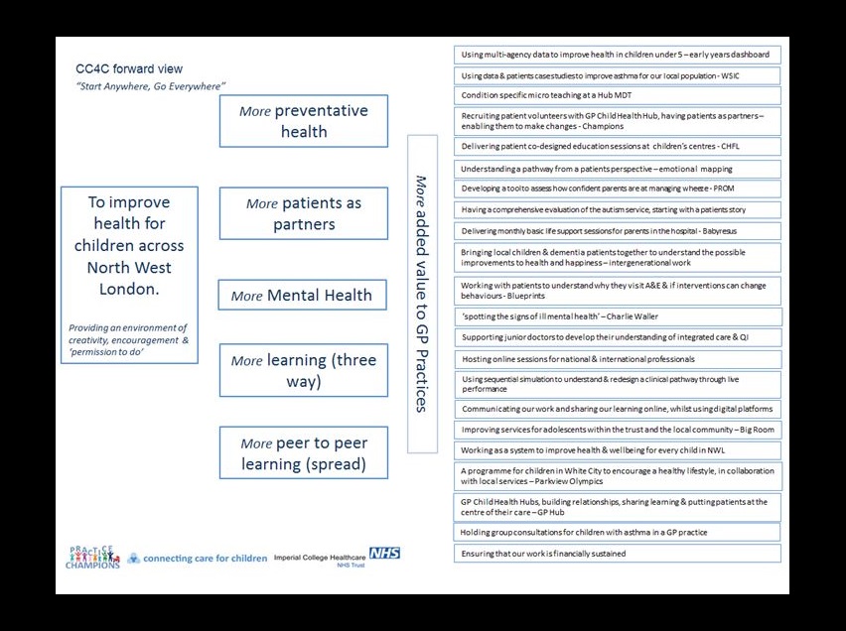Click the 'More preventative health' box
303,121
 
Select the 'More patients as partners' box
303,213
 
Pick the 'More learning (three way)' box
303,370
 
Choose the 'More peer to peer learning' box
303,452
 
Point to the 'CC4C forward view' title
129,69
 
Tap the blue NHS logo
384,552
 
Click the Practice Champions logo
94,557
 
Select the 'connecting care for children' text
205,558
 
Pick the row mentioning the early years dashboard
617,55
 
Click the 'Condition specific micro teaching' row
617,95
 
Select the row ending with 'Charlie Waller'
617,316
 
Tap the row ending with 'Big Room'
617,430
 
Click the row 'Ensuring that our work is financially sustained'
617,554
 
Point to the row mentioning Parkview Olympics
617,475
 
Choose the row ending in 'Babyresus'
617,230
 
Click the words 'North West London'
129,279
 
